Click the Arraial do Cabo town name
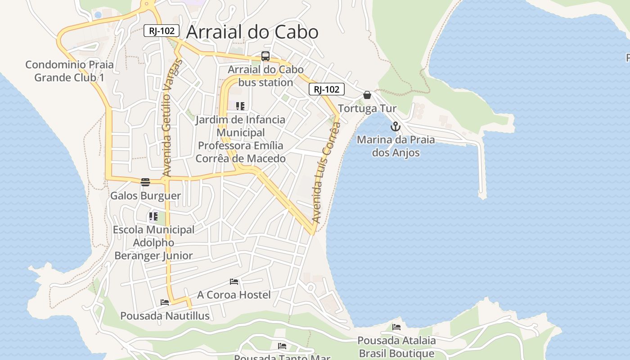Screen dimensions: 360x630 pos(252,32)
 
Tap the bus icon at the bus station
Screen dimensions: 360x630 pos(265,56)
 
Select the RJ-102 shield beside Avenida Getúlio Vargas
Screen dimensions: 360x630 pos(162,31)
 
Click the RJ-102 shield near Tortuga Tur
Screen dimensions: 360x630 pos(327,89)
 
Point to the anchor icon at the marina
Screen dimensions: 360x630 pos(396,126)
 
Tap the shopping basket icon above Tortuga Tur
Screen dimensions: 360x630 pos(367,95)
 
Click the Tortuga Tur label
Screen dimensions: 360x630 pos(367,108)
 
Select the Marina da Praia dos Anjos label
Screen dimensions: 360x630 pos(396,146)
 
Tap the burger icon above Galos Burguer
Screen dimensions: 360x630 pos(145,182)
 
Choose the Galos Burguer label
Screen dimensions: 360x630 pos(145,196)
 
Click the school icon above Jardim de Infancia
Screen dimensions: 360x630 pos(240,106)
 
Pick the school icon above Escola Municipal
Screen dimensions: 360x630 pos(153,216)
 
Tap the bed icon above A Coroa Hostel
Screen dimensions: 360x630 pos(234,282)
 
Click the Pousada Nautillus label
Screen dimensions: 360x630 pos(165,316)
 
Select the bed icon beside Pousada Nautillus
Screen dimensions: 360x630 pos(165,302)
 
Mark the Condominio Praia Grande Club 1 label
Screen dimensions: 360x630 pos(69,71)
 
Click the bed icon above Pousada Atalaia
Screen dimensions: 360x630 pos(396,327)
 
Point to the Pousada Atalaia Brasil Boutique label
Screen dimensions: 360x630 pos(396,346)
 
